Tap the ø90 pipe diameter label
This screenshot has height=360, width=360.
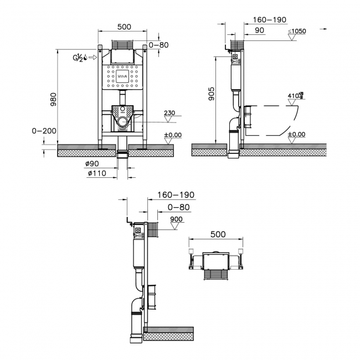coord(92,164)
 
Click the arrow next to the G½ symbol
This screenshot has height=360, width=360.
coord(94,57)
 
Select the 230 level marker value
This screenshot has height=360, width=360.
coord(170,113)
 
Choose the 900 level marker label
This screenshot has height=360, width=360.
coord(177,219)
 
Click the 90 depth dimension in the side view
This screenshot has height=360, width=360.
coord(260,30)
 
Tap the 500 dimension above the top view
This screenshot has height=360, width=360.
coord(218,234)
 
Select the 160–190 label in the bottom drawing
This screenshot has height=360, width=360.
coord(176,195)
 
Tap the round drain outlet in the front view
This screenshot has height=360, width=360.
coord(122,121)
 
